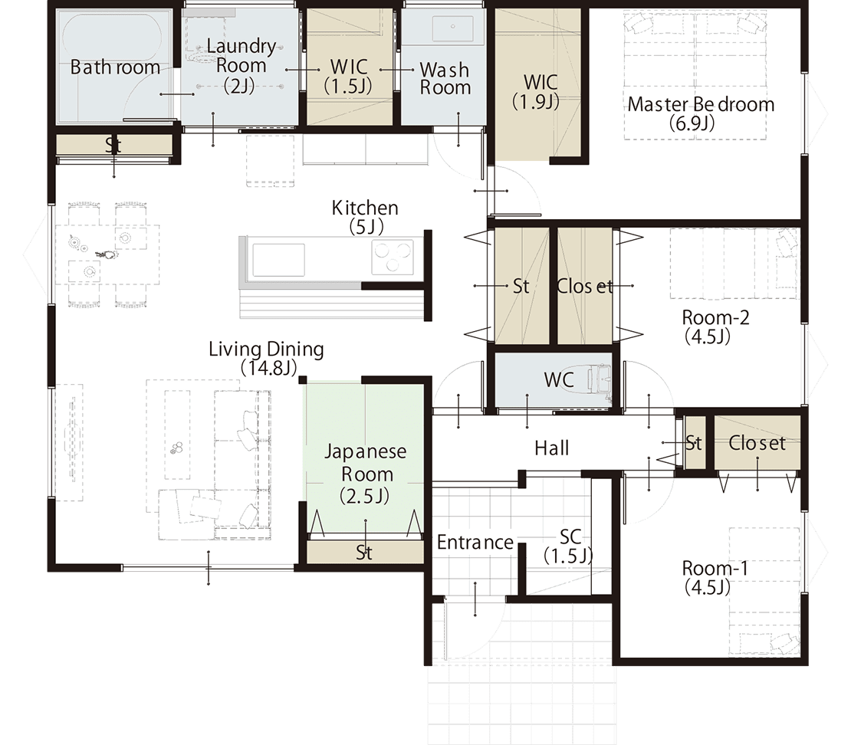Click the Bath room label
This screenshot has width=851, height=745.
coord(115,67)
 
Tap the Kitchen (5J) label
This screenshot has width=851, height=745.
coord(365,216)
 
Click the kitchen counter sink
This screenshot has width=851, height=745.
coord(278,260)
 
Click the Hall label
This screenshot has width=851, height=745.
coord(551,448)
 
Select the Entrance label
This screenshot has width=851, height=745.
coord(475,542)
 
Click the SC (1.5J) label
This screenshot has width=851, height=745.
coord(568,546)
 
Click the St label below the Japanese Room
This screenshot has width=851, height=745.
coord(364,553)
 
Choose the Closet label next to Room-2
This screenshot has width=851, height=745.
coord(584,286)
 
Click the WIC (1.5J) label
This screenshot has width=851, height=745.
coord(348,76)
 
